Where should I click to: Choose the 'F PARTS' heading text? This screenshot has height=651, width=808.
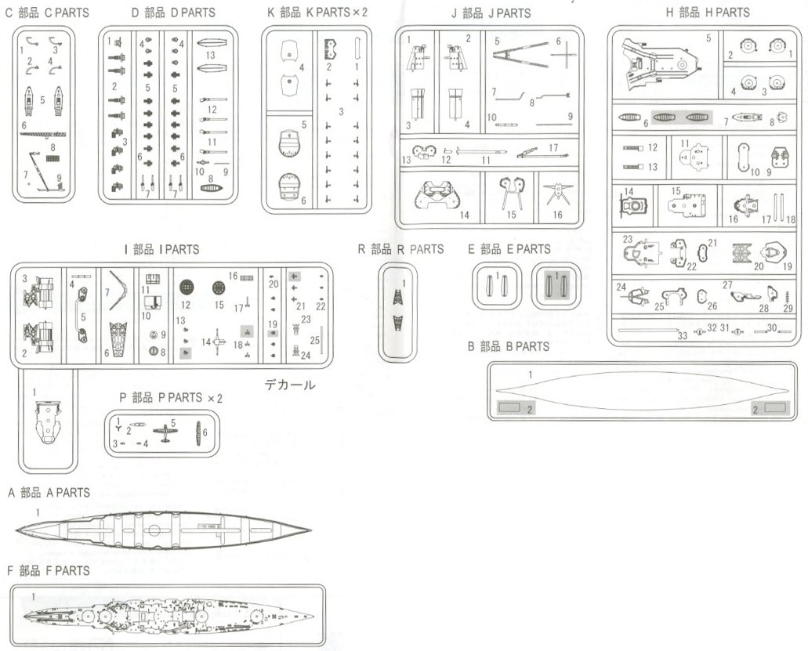[49, 570]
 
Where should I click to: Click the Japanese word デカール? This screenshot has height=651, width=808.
[290, 385]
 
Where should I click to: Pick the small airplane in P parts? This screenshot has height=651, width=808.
[165, 432]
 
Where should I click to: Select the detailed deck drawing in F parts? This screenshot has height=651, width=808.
[168, 615]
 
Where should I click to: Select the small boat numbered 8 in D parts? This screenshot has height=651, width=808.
[211, 189]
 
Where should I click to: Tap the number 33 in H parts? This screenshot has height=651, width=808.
[683, 335]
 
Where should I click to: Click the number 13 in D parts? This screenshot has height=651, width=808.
[210, 56]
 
